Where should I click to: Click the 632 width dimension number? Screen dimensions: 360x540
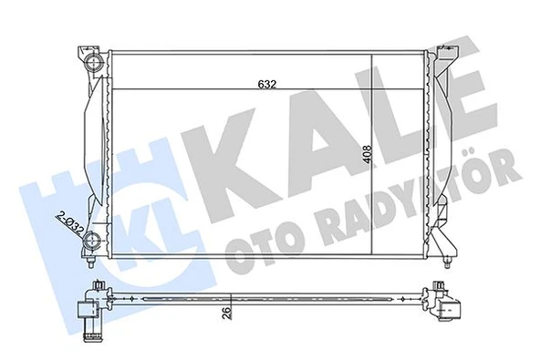[x=265, y=83]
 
